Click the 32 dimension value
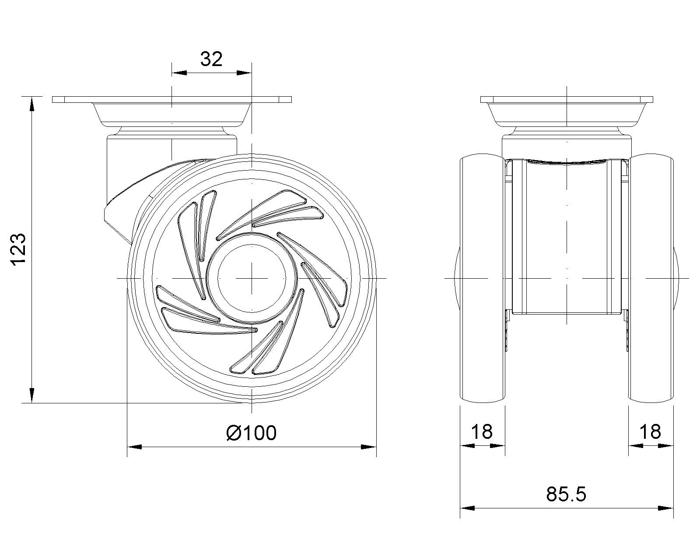click(211, 59)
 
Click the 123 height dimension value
click(18, 249)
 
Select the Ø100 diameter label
click(251, 433)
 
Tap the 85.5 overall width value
click(566, 494)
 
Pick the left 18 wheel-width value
click(482, 432)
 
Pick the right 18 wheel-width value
click(650, 432)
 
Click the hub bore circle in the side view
click(252, 279)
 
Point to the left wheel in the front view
click(483, 278)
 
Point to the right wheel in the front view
click(651, 278)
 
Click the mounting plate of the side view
click(172, 99)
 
